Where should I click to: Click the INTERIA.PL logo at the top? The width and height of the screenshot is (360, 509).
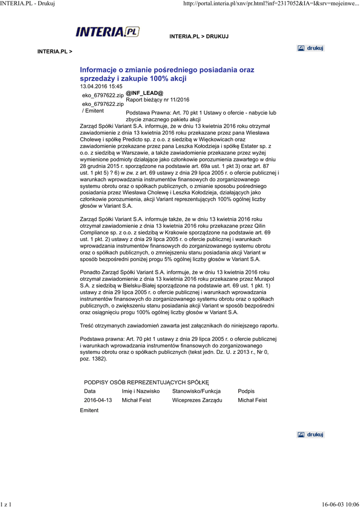pos(107,32)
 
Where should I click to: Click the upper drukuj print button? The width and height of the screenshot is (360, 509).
pos(311,48)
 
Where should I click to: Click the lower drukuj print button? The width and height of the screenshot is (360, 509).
pos(311,434)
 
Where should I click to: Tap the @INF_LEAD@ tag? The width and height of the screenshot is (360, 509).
pos(144,93)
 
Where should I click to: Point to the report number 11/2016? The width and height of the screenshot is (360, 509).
pos(178,99)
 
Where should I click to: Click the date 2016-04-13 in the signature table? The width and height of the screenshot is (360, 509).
pos(98,400)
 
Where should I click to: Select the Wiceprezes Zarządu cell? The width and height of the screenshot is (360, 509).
pos(197,400)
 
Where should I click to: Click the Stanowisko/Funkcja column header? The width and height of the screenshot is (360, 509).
pos(196,391)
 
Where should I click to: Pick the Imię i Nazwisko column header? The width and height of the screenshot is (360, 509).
pos(141,391)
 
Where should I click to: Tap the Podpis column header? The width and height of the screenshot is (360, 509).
pos(247,391)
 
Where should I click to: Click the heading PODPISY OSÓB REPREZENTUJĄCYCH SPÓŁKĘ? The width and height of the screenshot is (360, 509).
pos(146,382)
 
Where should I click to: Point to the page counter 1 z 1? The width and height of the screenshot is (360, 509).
pos(6,505)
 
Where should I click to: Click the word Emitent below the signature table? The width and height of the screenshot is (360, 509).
pos(89,410)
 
